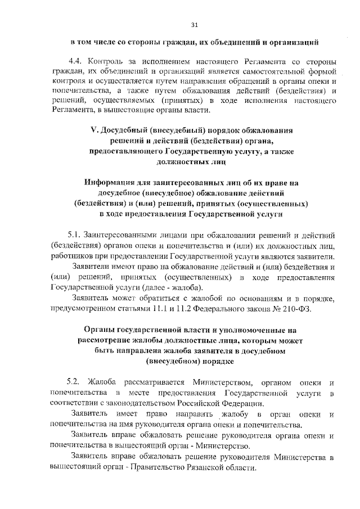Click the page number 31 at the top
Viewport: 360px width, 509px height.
(x=195, y=25)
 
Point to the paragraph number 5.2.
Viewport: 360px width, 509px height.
(x=75, y=382)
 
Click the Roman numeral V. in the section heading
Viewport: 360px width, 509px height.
(x=94, y=130)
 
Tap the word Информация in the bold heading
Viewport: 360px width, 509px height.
(x=112, y=183)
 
